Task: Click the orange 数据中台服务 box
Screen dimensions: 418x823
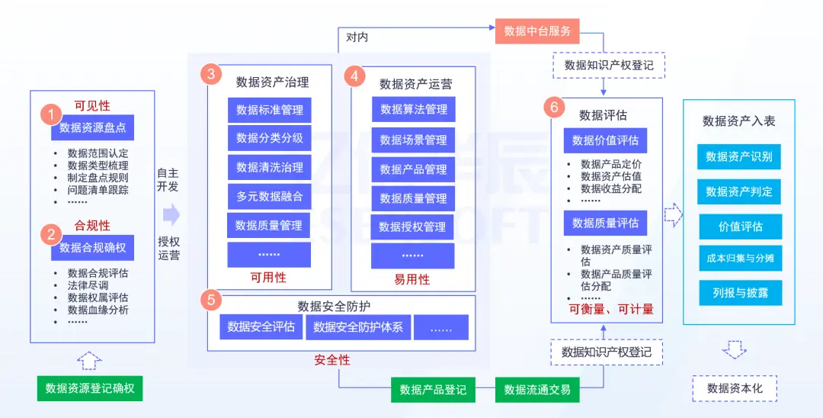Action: tap(537, 31)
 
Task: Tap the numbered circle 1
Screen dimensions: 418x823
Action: tap(50, 115)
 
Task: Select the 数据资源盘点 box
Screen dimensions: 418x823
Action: tap(92, 127)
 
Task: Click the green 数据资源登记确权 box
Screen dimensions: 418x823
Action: tap(90, 388)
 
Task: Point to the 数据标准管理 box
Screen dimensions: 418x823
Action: tap(269, 110)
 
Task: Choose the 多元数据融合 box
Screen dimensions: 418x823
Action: tap(269, 196)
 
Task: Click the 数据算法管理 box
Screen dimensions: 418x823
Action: tap(414, 110)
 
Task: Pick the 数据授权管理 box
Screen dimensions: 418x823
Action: tap(412, 227)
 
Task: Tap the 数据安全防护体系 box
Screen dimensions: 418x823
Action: tap(358, 327)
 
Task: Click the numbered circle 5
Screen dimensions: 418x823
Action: tap(211, 301)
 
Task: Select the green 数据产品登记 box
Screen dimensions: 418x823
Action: tap(433, 390)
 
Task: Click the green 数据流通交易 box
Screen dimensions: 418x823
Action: tap(537, 390)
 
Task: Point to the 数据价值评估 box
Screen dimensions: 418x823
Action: tap(605, 140)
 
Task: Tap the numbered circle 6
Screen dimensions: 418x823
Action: tap(555, 107)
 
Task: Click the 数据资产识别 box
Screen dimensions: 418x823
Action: tap(738, 156)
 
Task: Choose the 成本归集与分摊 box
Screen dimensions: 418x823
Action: tap(738, 258)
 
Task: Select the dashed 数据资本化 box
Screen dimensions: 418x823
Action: tap(734, 388)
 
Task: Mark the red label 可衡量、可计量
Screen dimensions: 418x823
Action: tap(611, 310)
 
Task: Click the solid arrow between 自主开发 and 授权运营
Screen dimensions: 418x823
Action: tap(171, 214)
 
